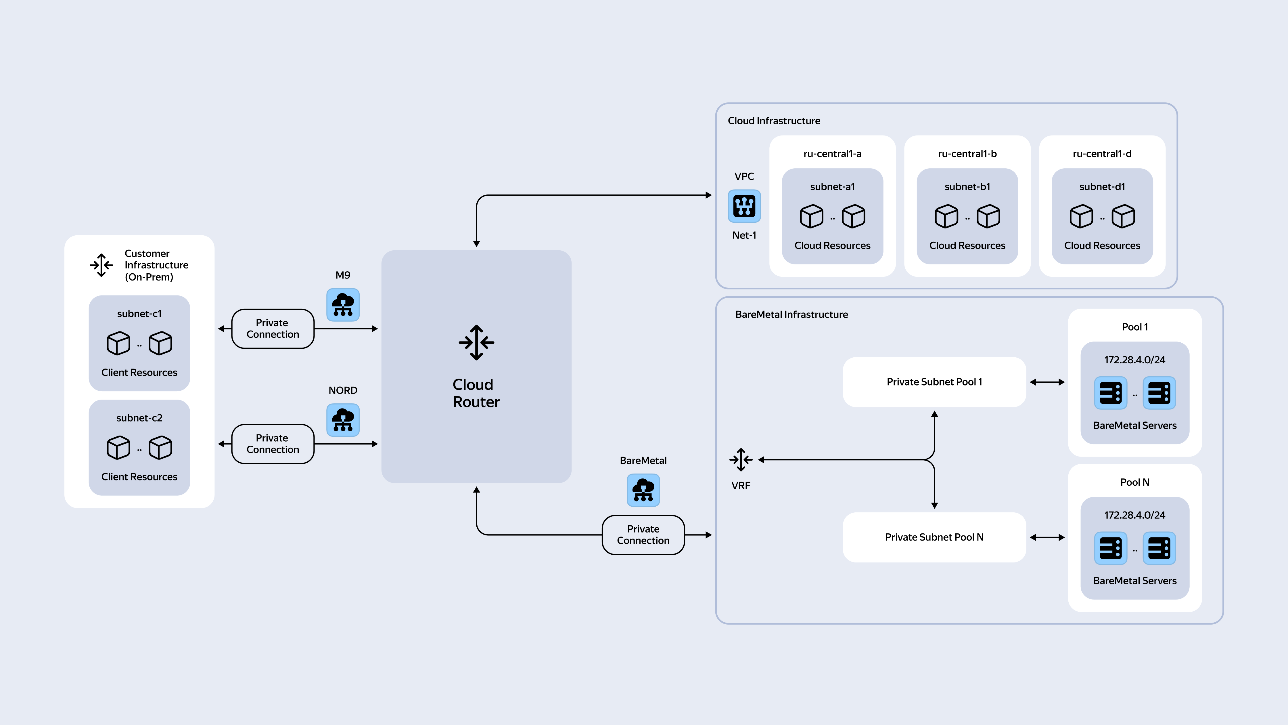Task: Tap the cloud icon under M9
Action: [343, 305]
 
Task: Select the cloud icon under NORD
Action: [343, 420]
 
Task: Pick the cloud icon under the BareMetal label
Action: [643, 490]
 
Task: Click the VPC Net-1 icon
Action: [744, 206]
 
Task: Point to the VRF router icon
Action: [741, 460]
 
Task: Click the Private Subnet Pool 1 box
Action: [934, 382]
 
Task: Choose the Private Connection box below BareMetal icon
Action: [643, 535]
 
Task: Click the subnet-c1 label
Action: [139, 314]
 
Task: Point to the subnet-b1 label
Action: [967, 187]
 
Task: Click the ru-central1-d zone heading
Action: [1102, 154]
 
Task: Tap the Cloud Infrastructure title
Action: [774, 121]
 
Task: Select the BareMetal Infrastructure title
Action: [791, 314]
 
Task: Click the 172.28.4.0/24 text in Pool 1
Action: [1134, 360]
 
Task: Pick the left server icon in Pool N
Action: [1111, 548]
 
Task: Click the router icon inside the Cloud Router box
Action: [476, 343]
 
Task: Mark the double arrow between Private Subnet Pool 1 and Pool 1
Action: [1047, 382]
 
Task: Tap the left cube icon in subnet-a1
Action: [812, 216]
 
